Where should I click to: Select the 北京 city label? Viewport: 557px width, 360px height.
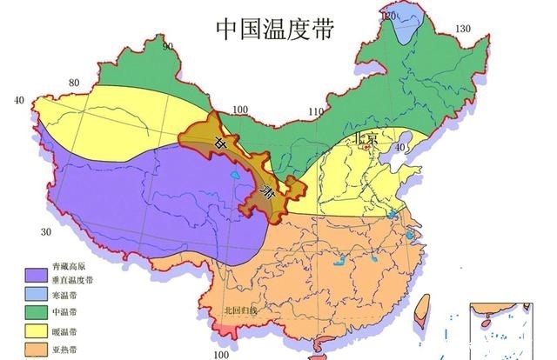point(366,138)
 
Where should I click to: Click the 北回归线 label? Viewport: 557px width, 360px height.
point(242,310)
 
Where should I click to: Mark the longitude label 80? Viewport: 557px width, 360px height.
point(74,83)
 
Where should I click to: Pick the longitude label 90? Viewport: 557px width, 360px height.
point(167,46)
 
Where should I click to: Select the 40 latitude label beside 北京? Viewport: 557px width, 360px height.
point(401,147)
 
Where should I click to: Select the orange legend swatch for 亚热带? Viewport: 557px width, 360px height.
point(37,350)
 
